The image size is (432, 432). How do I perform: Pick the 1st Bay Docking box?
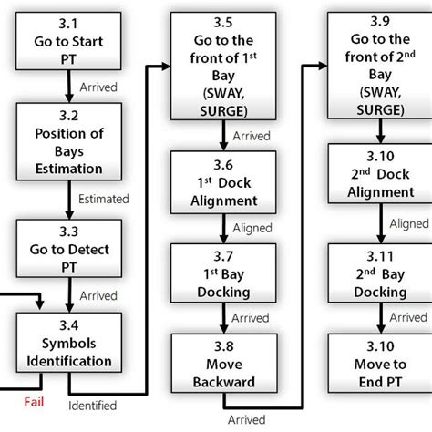pyautogui.click(x=221, y=273)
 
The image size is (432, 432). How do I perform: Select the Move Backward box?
pyautogui.click(x=221, y=364)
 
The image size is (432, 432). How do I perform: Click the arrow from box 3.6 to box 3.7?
pyautogui.click(x=221, y=227)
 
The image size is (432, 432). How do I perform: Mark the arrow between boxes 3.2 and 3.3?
pyautogui.click(x=68, y=197)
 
